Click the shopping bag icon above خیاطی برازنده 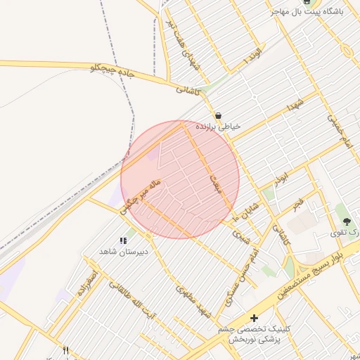(x=219, y=115)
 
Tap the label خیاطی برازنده (x=219, y=127)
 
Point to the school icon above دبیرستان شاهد (x=124, y=240)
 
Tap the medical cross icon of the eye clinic (x=254, y=319)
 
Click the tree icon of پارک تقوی (x=346, y=221)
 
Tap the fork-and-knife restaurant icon (x=66, y=350)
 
